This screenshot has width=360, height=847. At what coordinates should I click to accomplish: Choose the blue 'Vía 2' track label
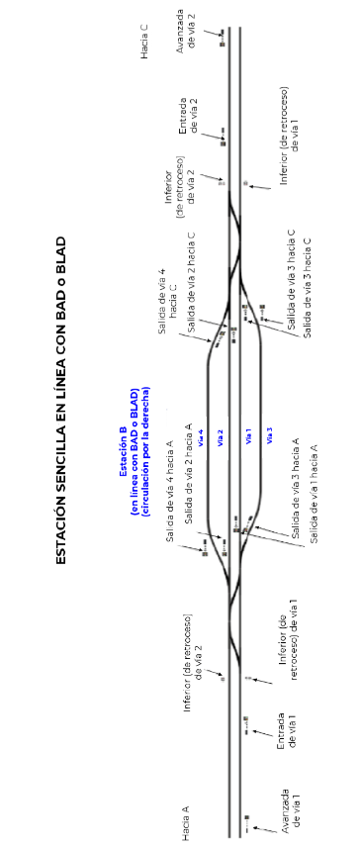220,436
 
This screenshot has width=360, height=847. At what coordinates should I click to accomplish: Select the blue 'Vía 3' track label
269,436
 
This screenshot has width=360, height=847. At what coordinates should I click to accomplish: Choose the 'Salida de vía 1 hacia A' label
314,494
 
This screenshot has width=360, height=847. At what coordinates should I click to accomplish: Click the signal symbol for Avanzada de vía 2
222,38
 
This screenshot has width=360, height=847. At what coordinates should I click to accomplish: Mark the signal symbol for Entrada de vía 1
246,725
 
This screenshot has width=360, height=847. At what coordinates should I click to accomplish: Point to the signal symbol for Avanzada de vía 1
246,822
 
